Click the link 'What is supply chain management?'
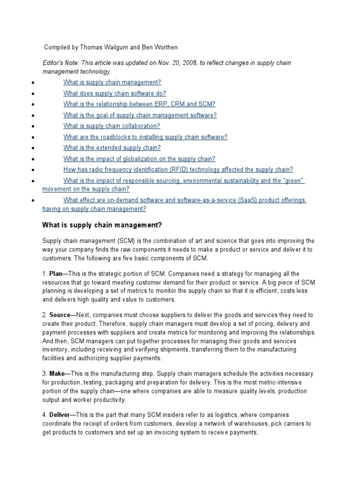pyautogui.click(x=112, y=82)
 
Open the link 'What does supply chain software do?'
pyautogui.click(x=114, y=93)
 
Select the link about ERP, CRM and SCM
pyautogui.click(x=139, y=104)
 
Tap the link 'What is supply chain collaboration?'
pyautogui.click(x=112, y=126)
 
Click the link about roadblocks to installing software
pyautogui.click(x=145, y=137)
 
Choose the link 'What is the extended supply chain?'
pyautogui.click(x=112, y=148)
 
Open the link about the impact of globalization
pyautogui.click(x=139, y=159)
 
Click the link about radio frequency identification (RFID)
pyautogui.click(x=178, y=170)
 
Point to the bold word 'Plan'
pyautogui.click(x=55, y=274)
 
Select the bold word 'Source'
pyautogui.click(x=60, y=315)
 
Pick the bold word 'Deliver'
pyautogui.click(x=60, y=415)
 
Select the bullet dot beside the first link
pyautogui.click(x=32, y=83)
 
